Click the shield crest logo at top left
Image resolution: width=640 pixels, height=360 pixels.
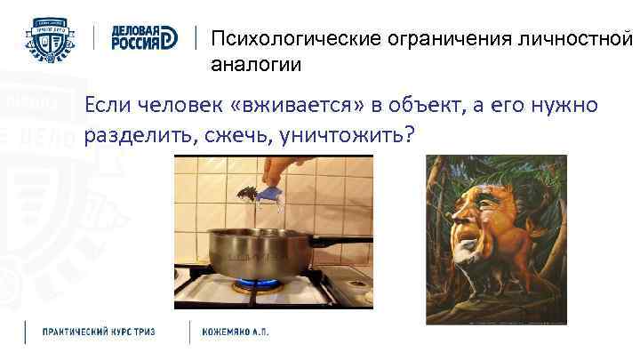52,37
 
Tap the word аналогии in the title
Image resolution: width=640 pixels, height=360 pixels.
256,65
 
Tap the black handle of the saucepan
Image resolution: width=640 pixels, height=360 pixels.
343,240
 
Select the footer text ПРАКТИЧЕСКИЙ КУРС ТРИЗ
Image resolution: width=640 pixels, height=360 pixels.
100,332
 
